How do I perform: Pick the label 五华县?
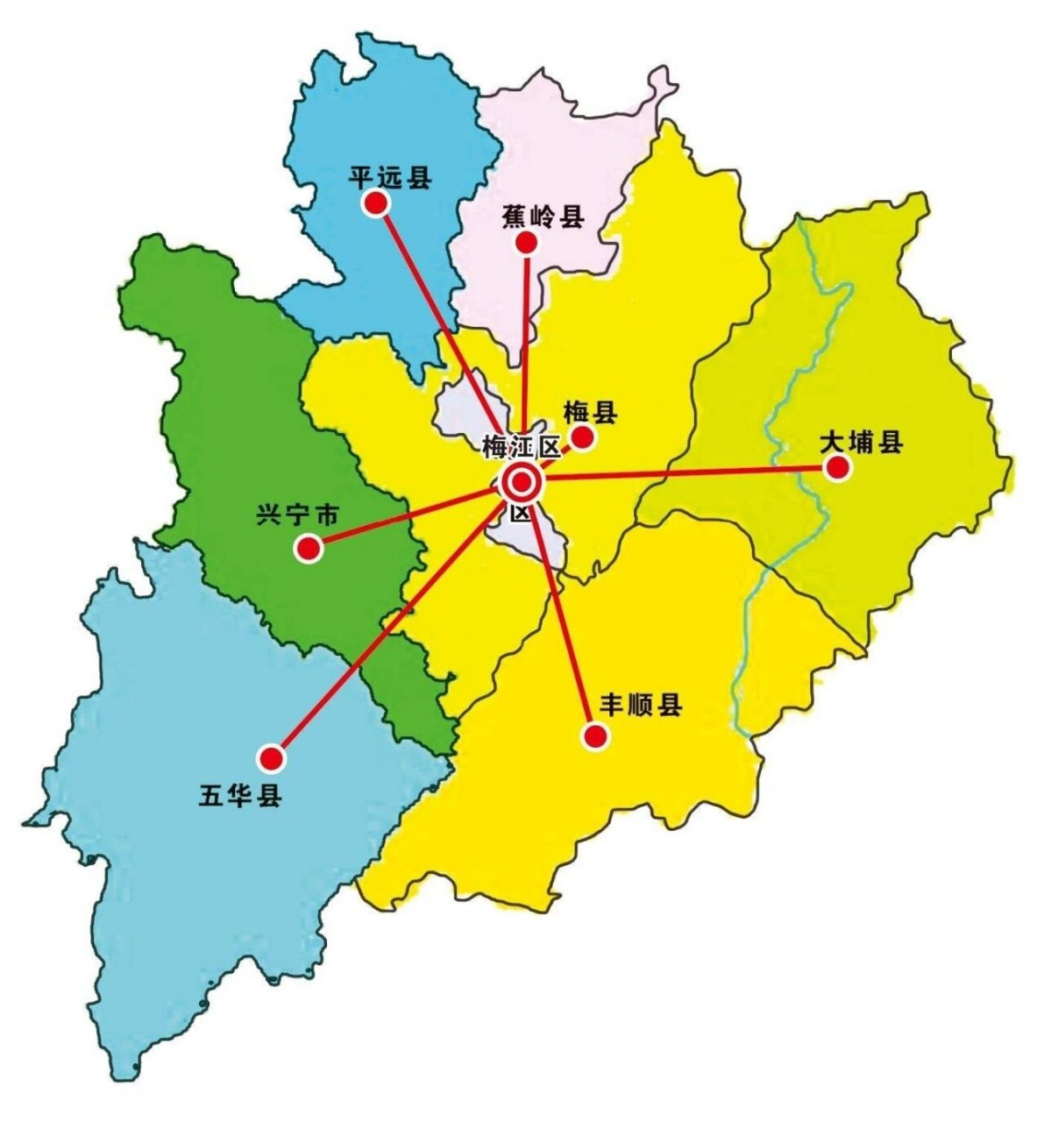[240, 797]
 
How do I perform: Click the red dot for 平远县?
[377, 203]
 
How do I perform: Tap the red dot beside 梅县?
[582, 437]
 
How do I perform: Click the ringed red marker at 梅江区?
[522, 481]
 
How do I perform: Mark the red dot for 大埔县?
[838, 467]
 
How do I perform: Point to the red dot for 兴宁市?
[308, 549]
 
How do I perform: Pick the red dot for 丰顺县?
[596, 735]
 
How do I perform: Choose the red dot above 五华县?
[272, 756]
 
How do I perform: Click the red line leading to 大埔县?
[684, 474]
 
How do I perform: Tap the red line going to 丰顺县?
[561, 614]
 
